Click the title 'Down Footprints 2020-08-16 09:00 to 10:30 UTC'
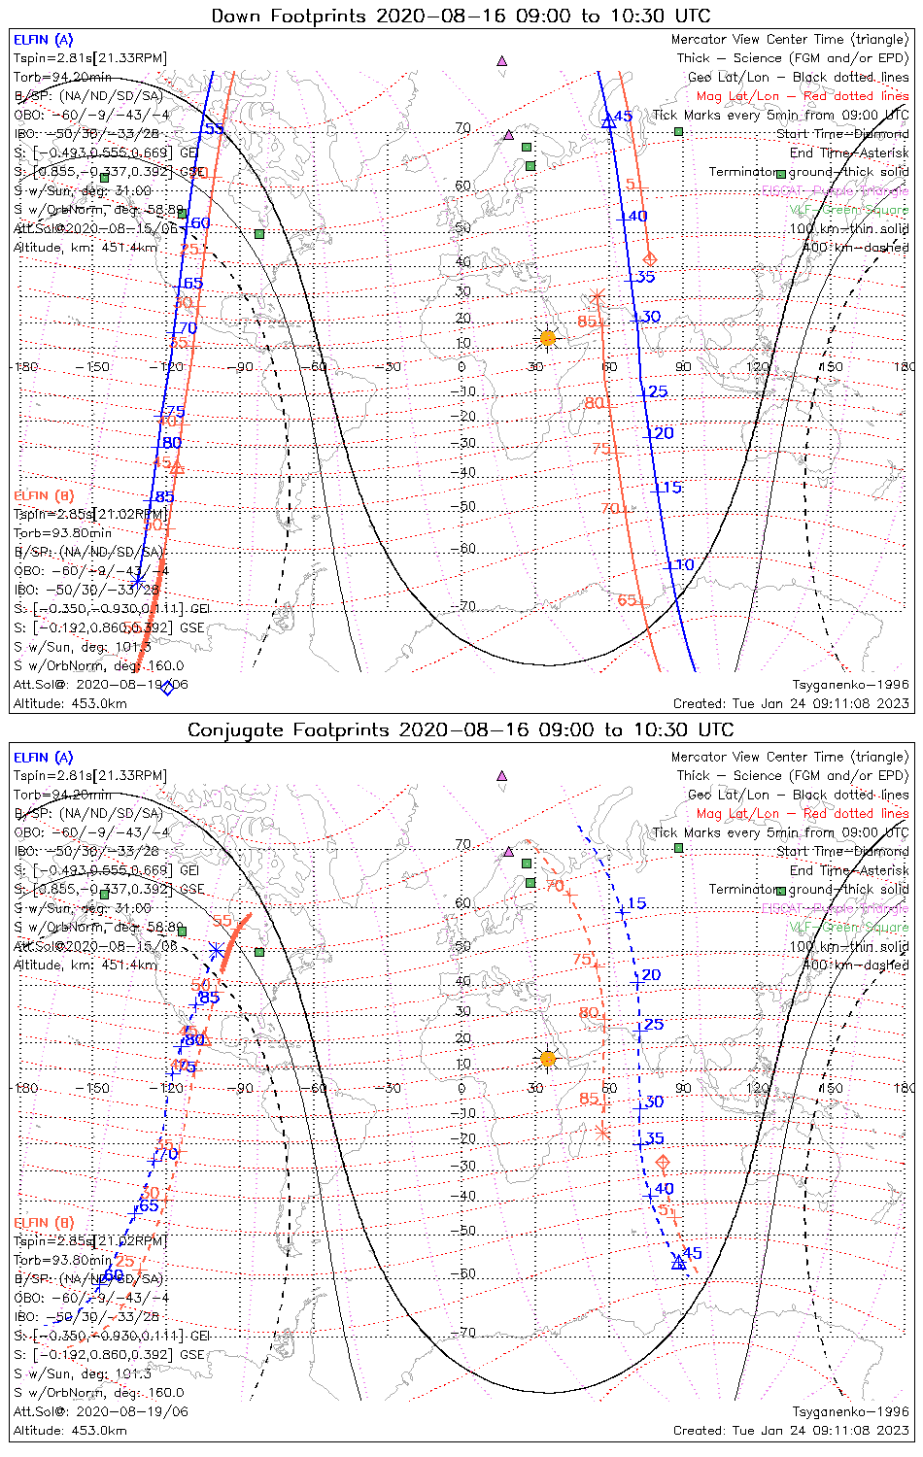pos(461,16)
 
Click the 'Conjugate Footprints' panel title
pos(461,729)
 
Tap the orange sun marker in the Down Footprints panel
pos(547,337)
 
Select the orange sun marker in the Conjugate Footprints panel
pos(547,1058)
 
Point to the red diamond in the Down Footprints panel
pos(650,258)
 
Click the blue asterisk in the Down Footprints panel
pos(138,580)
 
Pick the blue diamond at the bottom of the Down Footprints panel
pos(167,688)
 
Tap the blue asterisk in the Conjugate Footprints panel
pos(216,949)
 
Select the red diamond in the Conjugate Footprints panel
pos(664,1163)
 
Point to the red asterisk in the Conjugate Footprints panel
pos(602,1132)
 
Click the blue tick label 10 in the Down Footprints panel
pos(685,564)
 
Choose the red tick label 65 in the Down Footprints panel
pos(627,600)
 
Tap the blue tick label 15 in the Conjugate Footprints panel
pos(636,903)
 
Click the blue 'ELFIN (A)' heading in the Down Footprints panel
pos(43,40)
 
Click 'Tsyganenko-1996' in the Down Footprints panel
pos(850,684)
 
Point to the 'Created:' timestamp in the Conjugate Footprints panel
pos(791,1430)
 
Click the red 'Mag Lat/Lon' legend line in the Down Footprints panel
pos(802,96)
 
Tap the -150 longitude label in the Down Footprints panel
pos(98,367)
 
